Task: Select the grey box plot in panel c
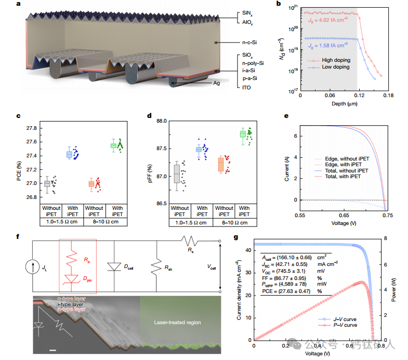47,183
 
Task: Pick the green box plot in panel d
242,134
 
